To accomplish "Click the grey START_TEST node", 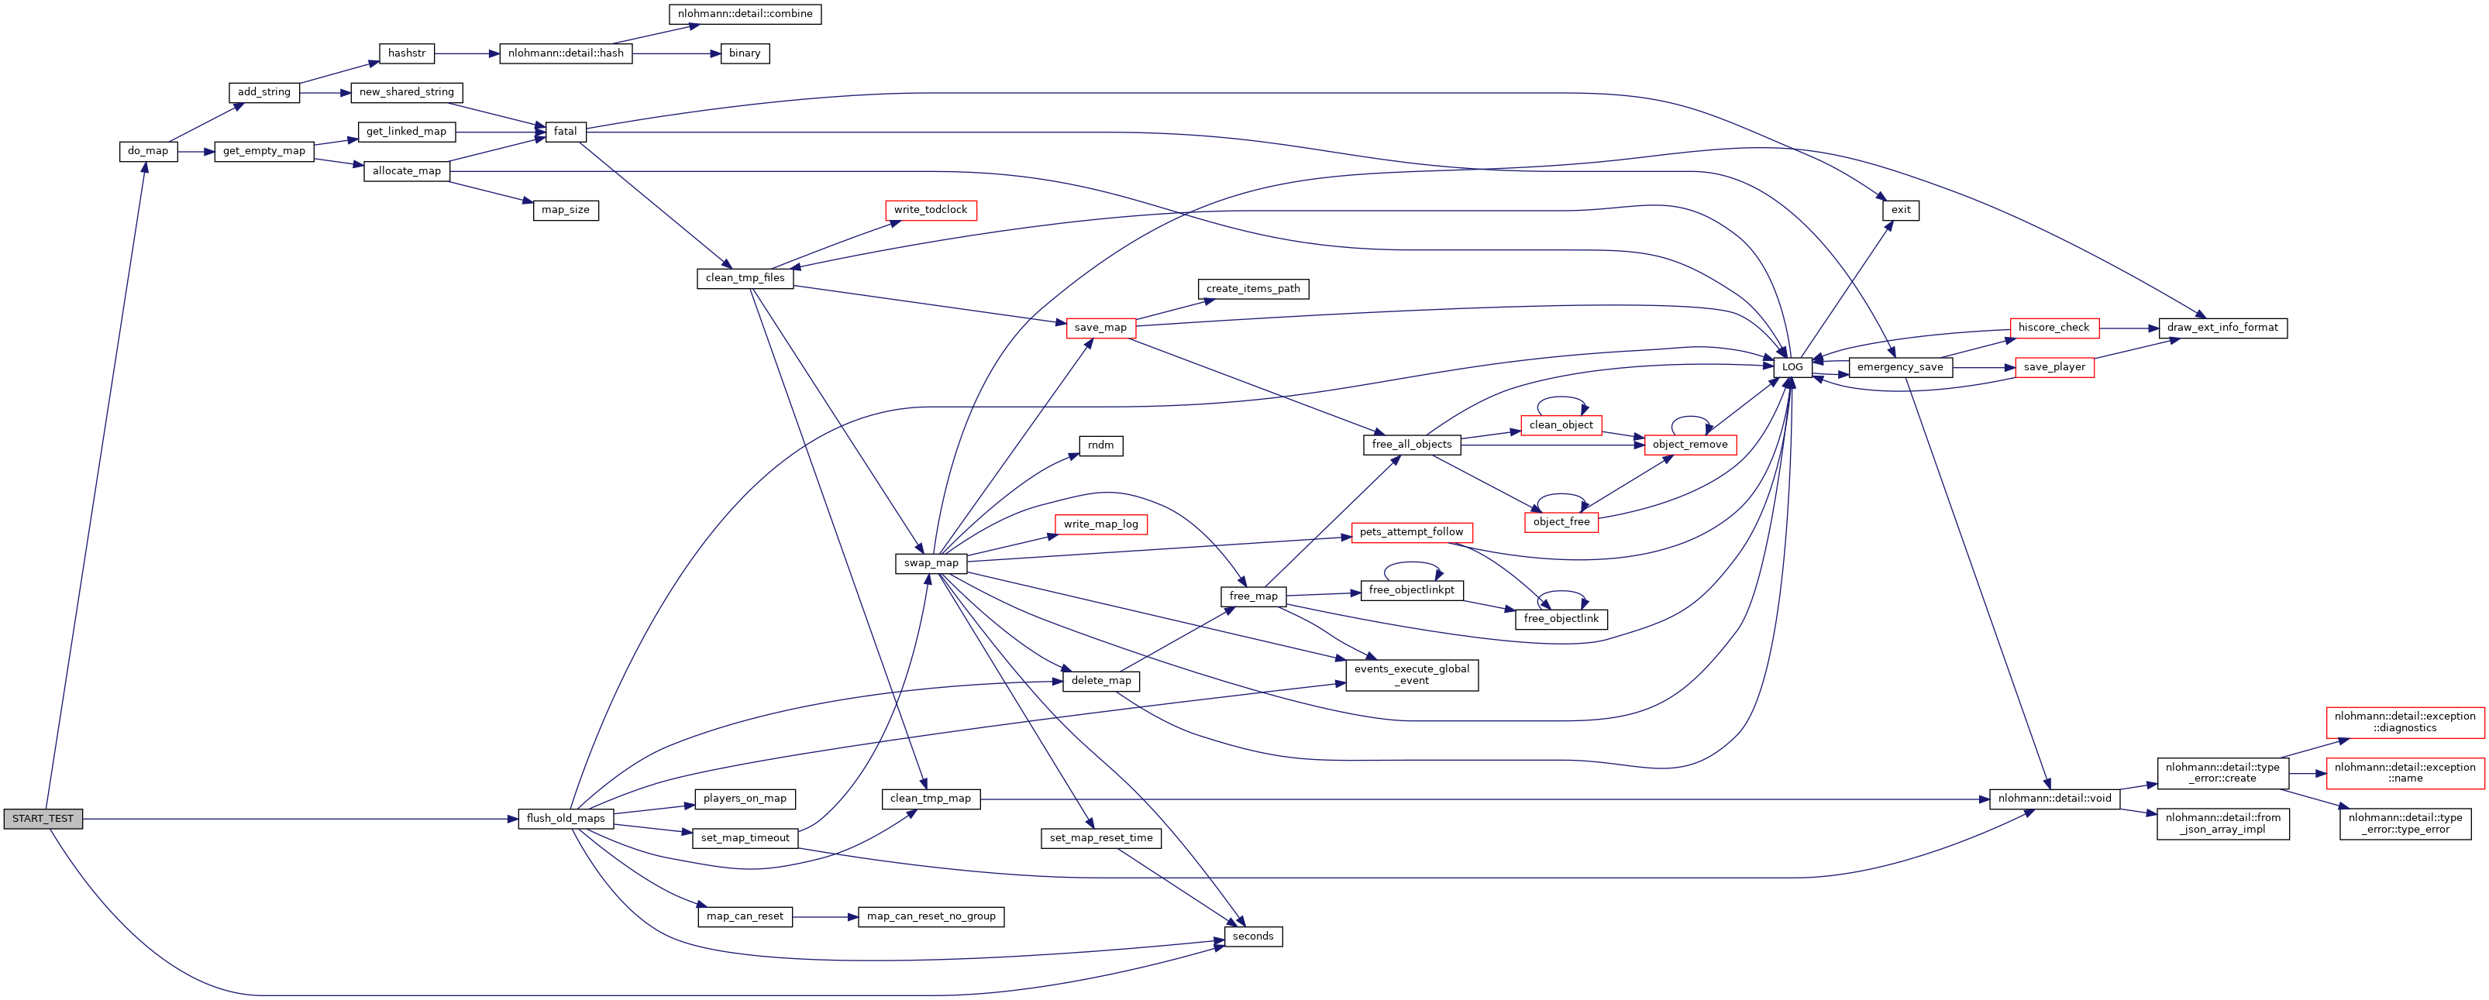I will pyautogui.click(x=43, y=818).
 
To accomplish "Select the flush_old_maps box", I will pyautogui.click(x=565, y=818).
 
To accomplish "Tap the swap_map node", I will pyautogui.click(x=931, y=563).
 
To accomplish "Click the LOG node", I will pyautogui.click(x=1792, y=367).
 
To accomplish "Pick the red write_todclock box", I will pyautogui.click(x=931, y=210).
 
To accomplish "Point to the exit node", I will pyautogui.click(x=1901, y=210).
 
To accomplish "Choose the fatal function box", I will pyautogui.click(x=565, y=132).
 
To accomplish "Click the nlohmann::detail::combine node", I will pyautogui.click(x=745, y=13).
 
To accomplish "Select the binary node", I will pyautogui.click(x=744, y=53).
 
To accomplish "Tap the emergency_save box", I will pyautogui.click(x=1899, y=367).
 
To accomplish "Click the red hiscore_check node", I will pyautogui.click(x=2054, y=328).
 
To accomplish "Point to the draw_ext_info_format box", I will pyautogui.click(x=2222, y=328).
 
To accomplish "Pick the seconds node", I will pyautogui.click(x=1253, y=936).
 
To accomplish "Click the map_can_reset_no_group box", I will pyautogui.click(x=931, y=916).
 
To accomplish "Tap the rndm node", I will pyautogui.click(x=1100, y=445).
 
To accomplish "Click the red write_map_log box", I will pyautogui.click(x=1100, y=524).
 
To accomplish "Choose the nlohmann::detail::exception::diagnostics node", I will pyautogui.click(x=2404, y=722).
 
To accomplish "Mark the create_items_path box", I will pyautogui.click(x=1252, y=289).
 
